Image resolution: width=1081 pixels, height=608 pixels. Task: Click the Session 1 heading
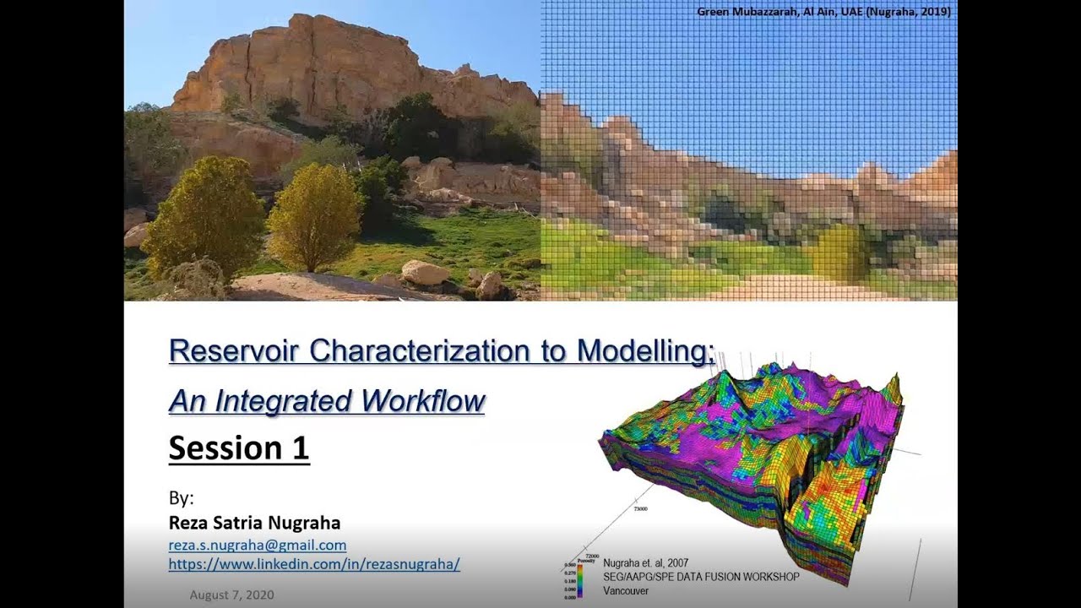pos(239,448)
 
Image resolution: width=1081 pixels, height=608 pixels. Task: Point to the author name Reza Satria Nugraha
pos(254,523)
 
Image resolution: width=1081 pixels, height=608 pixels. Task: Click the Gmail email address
pos(258,546)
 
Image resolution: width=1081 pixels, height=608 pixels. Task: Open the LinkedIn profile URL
pos(314,564)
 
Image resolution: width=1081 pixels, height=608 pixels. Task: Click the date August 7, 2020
pos(231,594)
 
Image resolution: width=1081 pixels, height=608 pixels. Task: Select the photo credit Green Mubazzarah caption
pos(823,12)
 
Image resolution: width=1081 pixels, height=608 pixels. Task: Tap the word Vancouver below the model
pos(626,591)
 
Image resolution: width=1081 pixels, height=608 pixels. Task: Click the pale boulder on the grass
pos(425,272)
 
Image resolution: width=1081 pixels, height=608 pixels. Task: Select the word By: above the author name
pos(181,498)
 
